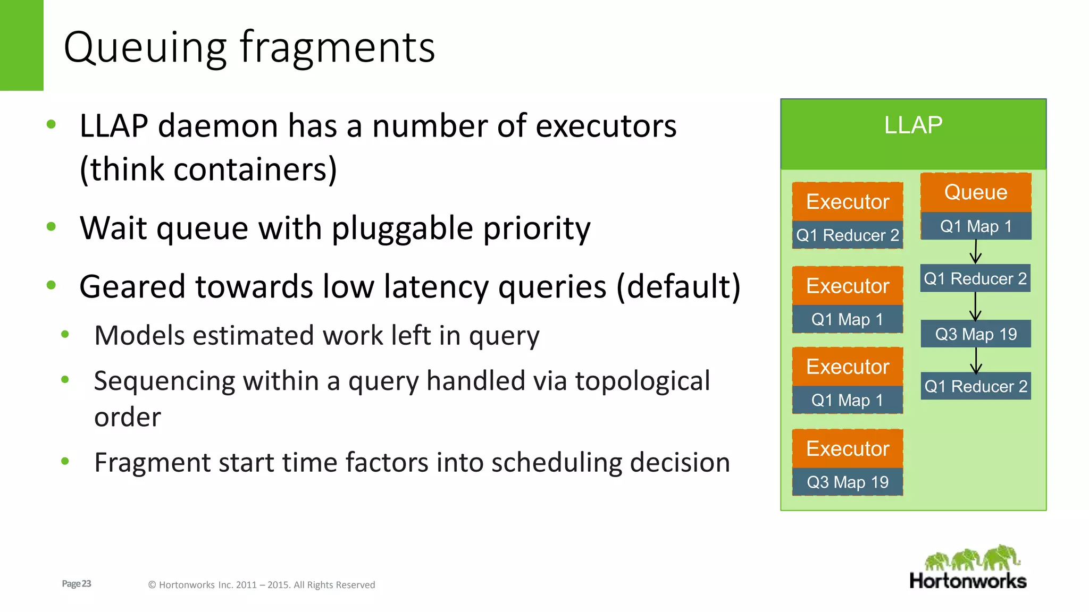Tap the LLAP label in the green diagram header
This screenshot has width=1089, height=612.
click(x=913, y=125)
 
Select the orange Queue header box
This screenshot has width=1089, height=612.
click(x=976, y=192)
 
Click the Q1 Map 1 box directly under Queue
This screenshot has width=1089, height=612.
click(x=976, y=226)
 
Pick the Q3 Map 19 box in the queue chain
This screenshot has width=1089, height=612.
click(x=976, y=334)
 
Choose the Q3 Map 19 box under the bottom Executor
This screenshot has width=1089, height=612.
click(x=848, y=482)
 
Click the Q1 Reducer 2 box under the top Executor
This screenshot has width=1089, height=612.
click(x=848, y=235)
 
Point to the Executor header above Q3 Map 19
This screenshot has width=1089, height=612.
click(x=848, y=449)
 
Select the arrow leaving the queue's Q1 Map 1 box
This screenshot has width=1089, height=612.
click(x=976, y=252)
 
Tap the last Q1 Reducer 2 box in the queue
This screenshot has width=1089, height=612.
click(x=976, y=386)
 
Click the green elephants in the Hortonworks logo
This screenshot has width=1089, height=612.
click(x=973, y=558)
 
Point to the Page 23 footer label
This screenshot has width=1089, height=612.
click(x=77, y=584)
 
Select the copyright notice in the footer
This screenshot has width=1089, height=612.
click(x=261, y=585)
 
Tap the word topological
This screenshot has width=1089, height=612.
click(x=642, y=381)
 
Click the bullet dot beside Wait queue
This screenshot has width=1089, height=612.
click(x=52, y=227)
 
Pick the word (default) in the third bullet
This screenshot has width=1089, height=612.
click(x=678, y=287)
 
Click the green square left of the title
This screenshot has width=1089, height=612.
click(x=21, y=45)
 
